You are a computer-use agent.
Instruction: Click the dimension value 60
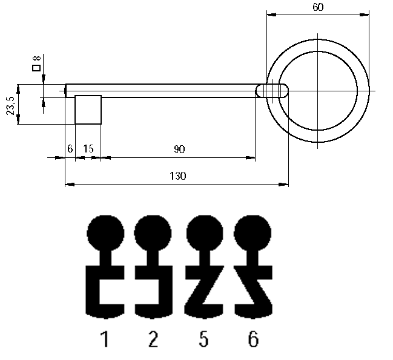pyautogui.click(x=318, y=7)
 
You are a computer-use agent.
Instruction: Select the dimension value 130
pyautogui.click(x=178, y=175)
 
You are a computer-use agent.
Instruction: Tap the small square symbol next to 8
pyautogui.click(x=37, y=67)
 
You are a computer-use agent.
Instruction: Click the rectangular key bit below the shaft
pyautogui.click(x=88, y=110)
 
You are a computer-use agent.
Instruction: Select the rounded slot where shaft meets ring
pyautogui.click(x=272, y=91)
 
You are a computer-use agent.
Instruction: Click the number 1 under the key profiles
pyautogui.click(x=105, y=339)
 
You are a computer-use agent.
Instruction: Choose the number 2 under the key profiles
pyautogui.click(x=153, y=339)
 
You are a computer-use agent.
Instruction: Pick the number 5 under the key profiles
pyautogui.click(x=203, y=339)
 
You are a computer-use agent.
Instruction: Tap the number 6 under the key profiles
pyautogui.click(x=253, y=339)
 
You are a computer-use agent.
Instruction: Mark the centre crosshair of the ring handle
pyautogui.click(x=318, y=91)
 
